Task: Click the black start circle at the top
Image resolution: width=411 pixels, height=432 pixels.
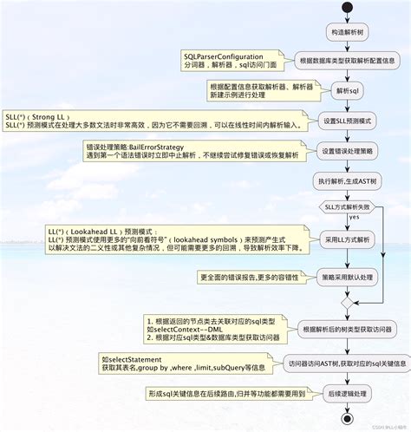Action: tap(347, 8)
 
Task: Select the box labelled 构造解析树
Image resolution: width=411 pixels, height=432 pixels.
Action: tap(347, 32)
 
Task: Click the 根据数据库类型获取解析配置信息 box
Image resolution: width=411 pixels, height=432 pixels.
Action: tap(347, 61)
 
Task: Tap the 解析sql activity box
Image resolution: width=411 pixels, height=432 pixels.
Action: tap(347, 91)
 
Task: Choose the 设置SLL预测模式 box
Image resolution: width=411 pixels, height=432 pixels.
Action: tap(347, 121)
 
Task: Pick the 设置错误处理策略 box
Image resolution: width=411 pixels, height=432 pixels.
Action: tap(347, 151)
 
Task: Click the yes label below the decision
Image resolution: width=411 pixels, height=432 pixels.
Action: tap(354, 219)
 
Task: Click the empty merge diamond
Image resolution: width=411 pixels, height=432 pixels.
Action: tap(347, 305)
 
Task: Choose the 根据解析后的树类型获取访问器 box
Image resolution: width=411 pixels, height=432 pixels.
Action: tap(347, 330)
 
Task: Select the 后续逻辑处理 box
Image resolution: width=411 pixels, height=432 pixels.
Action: tap(347, 392)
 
